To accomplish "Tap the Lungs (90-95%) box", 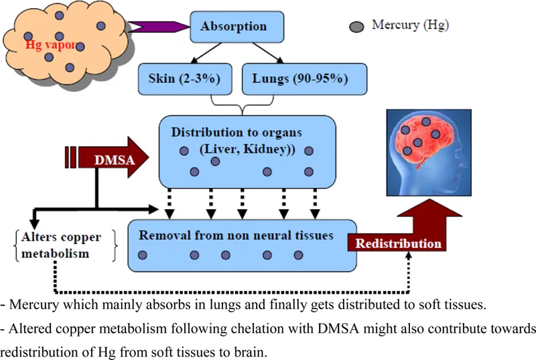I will click(x=299, y=78).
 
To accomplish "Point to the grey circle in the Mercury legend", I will click(x=358, y=26).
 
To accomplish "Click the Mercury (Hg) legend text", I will click(x=409, y=25).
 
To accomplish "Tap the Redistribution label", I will click(x=398, y=243).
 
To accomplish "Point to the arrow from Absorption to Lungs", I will click(x=277, y=52).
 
